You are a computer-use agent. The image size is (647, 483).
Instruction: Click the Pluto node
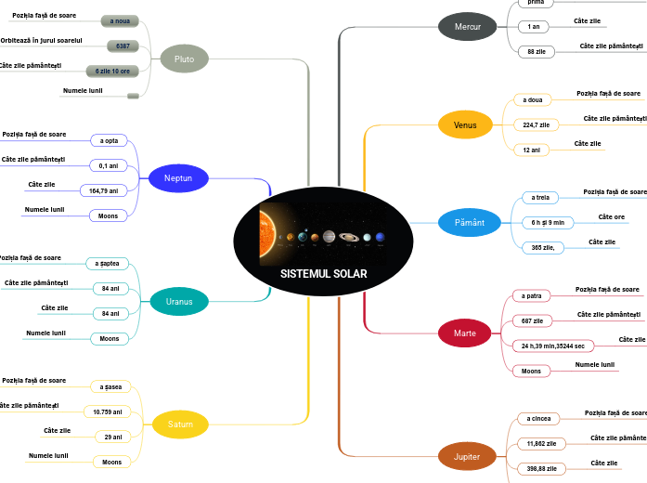pyautogui.click(x=184, y=59)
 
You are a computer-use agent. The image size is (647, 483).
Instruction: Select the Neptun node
pyautogui.click(x=178, y=177)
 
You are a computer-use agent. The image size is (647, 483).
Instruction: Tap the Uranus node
pyautogui.click(x=179, y=301)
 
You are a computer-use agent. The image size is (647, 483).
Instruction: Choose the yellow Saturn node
pyautogui.click(x=180, y=424)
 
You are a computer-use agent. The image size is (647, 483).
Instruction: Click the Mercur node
pyautogui.click(x=468, y=27)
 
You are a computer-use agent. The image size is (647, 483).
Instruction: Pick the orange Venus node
pyautogui.click(x=465, y=124)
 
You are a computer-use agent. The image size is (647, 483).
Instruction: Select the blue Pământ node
pyautogui.click(x=469, y=223)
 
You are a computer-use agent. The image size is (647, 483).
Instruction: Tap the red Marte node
pyautogui.click(x=464, y=333)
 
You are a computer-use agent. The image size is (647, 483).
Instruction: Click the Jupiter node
pyautogui.click(x=467, y=457)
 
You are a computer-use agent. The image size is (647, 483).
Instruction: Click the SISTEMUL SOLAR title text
pyautogui.click(x=323, y=274)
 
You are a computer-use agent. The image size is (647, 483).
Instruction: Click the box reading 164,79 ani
pyautogui.click(x=111, y=190)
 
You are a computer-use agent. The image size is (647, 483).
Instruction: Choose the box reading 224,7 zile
pyautogui.click(x=536, y=124)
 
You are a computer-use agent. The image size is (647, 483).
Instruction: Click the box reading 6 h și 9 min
pyautogui.click(x=548, y=223)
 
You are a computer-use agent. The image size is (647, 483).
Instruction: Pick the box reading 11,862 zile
pyautogui.click(x=540, y=444)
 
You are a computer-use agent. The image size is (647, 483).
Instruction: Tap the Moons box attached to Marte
pyautogui.click(x=531, y=371)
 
